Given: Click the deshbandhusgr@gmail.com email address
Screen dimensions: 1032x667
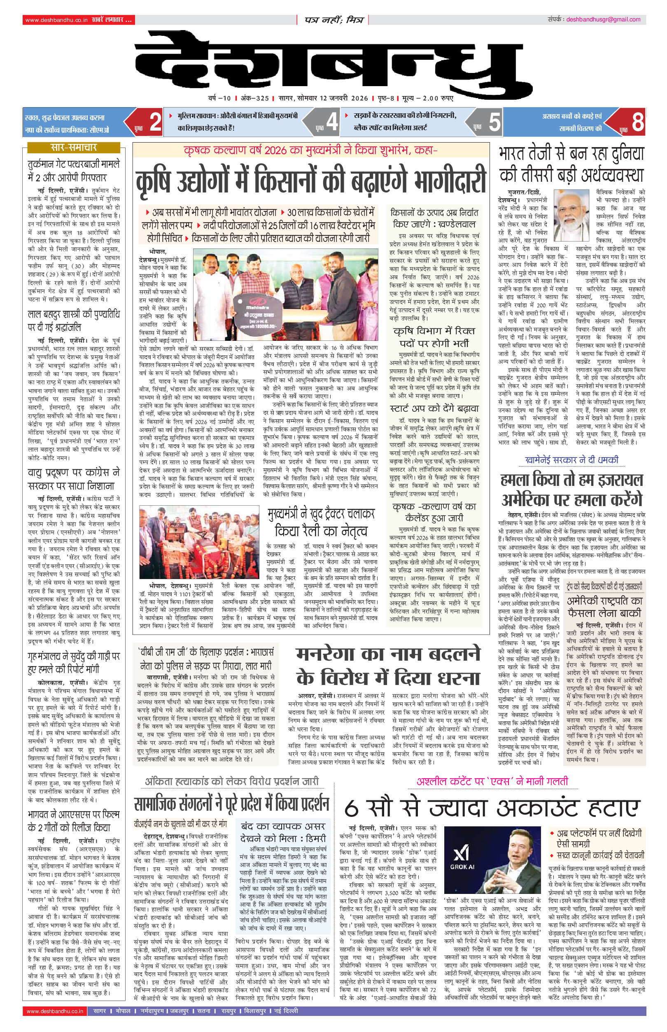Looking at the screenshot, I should [x=603, y=19].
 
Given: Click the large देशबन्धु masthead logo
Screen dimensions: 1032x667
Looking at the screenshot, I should [x=333, y=65].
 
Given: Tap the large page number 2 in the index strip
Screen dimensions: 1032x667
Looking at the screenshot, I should [x=155, y=122].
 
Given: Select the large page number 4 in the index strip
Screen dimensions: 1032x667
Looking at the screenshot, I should [x=332, y=122].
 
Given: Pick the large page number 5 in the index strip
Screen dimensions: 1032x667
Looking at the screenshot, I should [x=494, y=122].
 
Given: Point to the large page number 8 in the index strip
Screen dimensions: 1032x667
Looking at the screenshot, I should [x=637, y=122].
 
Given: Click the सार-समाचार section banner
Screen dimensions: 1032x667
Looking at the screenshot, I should [x=74, y=148].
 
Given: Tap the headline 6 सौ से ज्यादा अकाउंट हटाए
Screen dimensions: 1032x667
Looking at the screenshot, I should [x=492, y=808].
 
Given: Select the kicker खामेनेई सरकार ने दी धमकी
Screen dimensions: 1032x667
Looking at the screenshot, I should [x=571, y=460].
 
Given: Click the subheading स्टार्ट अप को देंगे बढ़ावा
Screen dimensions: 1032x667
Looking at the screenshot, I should [x=434, y=408].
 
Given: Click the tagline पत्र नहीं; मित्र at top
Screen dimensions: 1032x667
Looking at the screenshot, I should [x=333, y=20].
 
